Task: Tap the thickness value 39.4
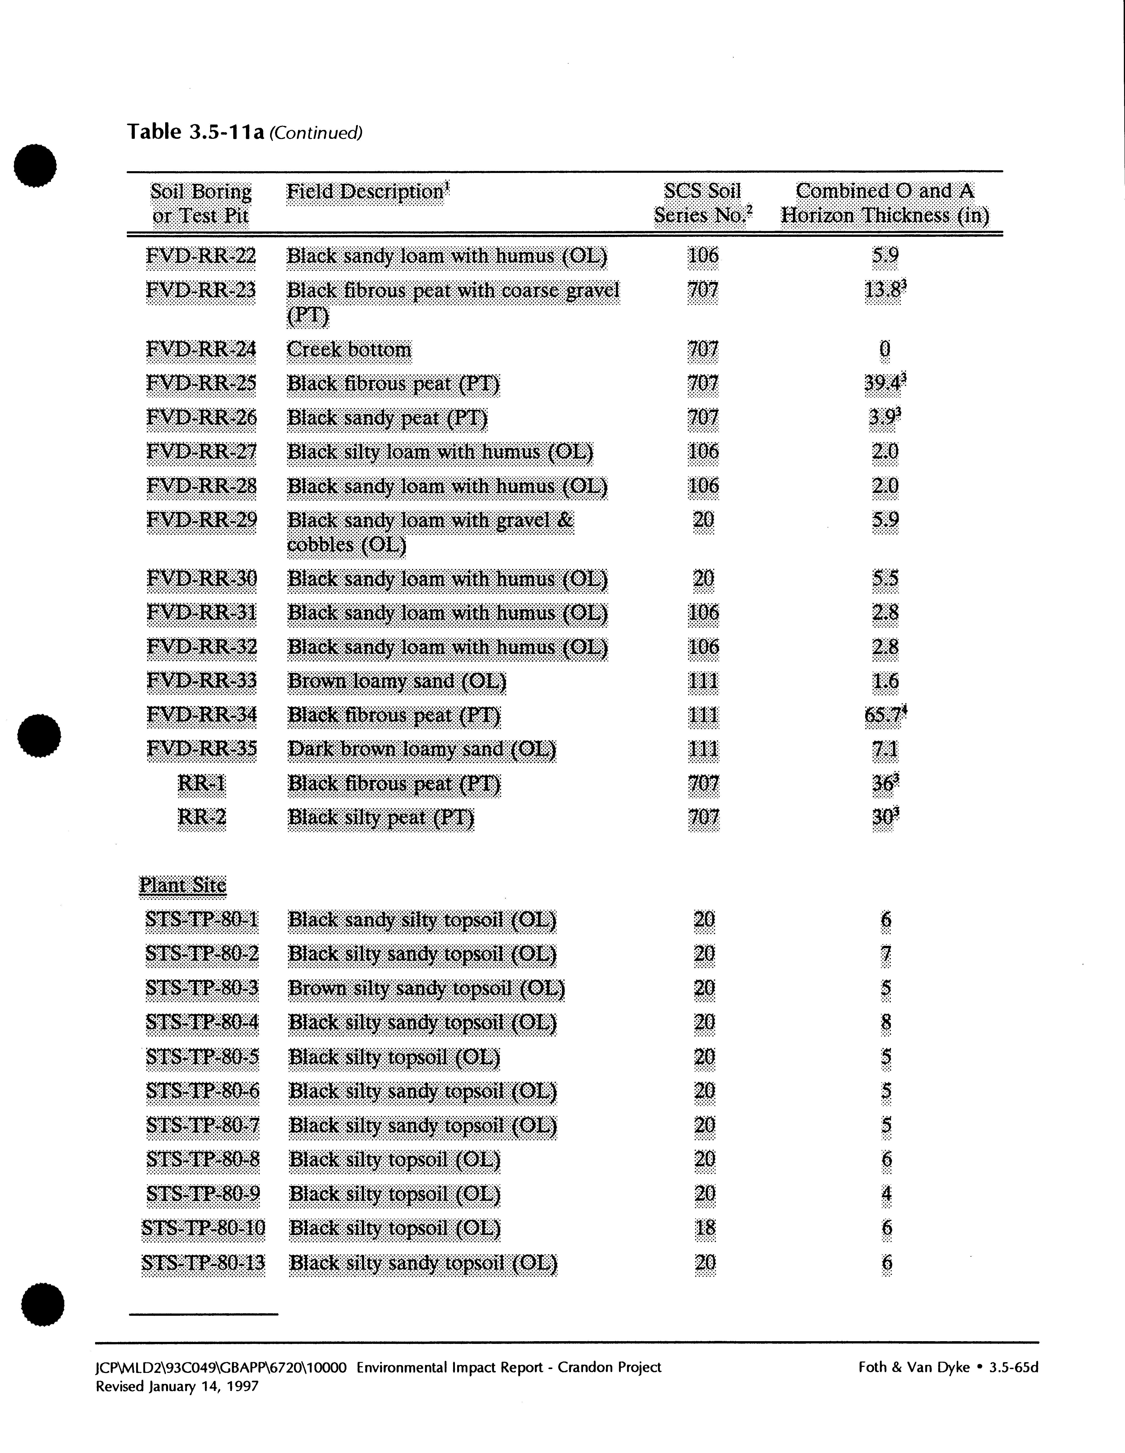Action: (x=883, y=384)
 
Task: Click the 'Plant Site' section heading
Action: (x=182, y=885)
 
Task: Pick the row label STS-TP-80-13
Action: (x=203, y=1263)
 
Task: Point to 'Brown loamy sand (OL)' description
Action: (x=396, y=681)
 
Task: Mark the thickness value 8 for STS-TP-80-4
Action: (x=885, y=1022)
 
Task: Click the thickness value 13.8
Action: (x=883, y=291)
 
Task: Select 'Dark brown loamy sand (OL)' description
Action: (x=421, y=750)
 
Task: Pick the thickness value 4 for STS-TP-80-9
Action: (x=885, y=1194)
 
